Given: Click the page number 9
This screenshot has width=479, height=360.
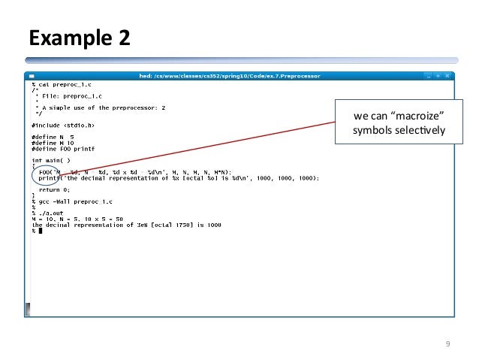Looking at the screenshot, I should tap(447, 344).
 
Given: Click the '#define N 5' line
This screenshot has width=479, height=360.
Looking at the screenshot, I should tap(53, 137).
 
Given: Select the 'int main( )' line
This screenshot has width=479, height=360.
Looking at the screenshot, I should tap(51, 161).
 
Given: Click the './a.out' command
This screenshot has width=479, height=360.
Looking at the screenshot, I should tap(47, 213).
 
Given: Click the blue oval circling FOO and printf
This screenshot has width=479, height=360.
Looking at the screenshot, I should tap(47, 175).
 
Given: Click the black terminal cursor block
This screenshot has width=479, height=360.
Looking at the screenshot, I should tap(40, 231).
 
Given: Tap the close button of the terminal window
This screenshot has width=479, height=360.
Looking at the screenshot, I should tap(447, 76).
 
